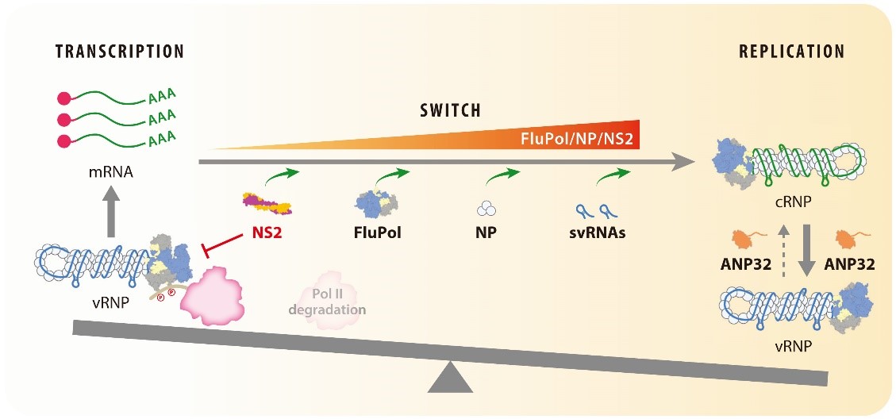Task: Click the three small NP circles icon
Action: [486, 209]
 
